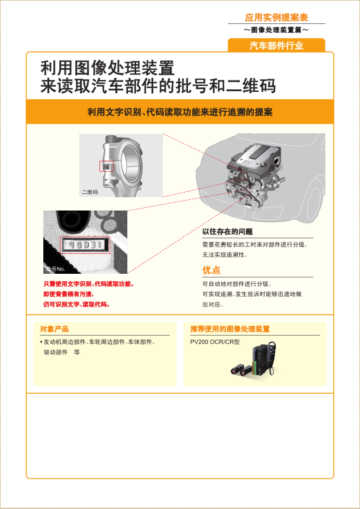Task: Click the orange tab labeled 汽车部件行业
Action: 276,45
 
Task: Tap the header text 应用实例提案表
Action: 276,17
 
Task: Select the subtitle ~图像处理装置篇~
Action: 276,31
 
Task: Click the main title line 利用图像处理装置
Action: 107,68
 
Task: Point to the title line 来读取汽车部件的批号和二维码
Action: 158,87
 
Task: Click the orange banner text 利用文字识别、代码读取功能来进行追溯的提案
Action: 180,112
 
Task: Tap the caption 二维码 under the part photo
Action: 90,192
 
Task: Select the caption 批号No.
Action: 55,269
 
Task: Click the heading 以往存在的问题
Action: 227,232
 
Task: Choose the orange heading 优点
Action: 211,270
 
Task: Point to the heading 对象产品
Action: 55,329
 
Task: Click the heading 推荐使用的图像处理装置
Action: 230,329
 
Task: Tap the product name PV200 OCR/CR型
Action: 215,341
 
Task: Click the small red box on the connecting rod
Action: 107,165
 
